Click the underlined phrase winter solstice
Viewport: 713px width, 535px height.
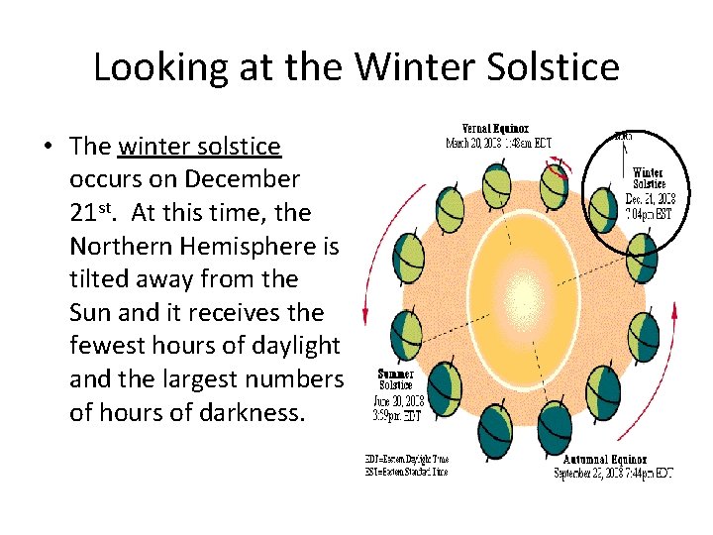(x=199, y=147)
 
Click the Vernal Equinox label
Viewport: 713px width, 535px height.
(x=495, y=129)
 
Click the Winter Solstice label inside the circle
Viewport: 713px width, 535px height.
(x=650, y=177)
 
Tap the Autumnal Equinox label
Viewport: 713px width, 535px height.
(x=605, y=460)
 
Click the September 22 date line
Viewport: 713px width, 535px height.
(x=615, y=474)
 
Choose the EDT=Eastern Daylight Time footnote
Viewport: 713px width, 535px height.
(x=406, y=459)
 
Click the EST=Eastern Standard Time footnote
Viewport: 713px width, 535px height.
(x=406, y=472)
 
